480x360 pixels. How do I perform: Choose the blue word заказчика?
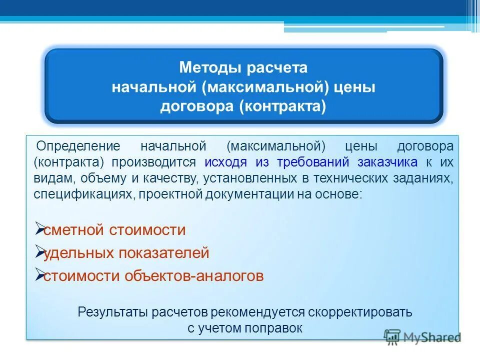[x=387, y=162]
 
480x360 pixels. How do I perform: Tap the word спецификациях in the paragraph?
[x=82, y=194]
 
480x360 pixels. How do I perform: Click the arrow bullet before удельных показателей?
[x=40, y=251]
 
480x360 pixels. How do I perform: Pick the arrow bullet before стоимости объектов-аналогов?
[x=40, y=274]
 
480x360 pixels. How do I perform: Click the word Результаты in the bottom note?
[x=107, y=312]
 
